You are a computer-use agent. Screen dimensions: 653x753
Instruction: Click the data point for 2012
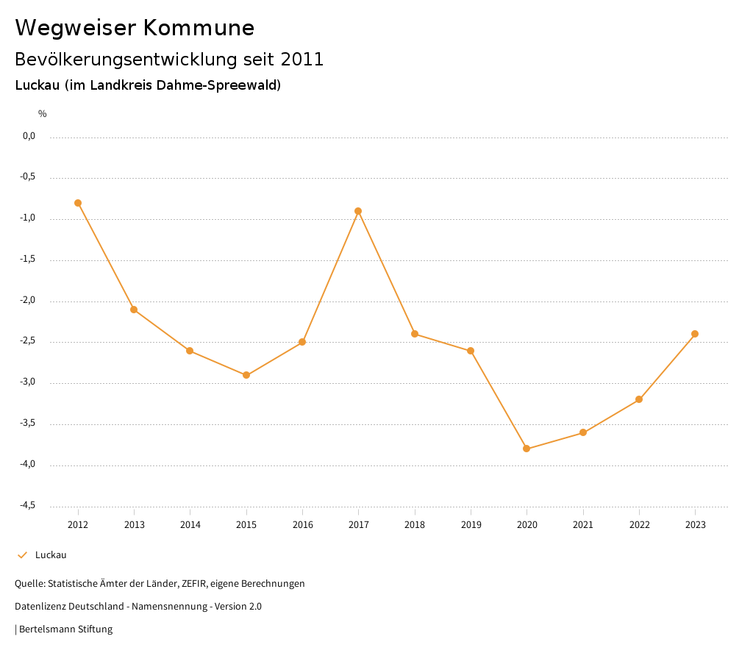pyautogui.click(x=78, y=203)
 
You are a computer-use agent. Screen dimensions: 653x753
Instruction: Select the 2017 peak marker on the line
pyautogui.click(x=358, y=211)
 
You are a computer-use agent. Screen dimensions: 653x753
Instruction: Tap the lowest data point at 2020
pyautogui.click(x=527, y=449)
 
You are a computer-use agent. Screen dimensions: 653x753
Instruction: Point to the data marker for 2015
pyautogui.click(x=246, y=375)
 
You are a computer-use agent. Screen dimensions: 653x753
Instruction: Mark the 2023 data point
pyautogui.click(x=695, y=334)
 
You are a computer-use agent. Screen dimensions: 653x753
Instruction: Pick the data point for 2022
pyautogui.click(x=639, y=399)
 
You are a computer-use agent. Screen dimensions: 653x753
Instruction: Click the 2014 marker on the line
pyautogui.click(x=190, y=351)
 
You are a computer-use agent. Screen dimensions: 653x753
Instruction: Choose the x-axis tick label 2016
pyautogui.click(x=302, y=525)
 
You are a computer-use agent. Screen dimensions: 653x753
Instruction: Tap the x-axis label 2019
pyautogui.click(x=471, y=525)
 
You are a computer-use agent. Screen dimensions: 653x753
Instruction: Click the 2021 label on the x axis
pyautogui.click(x=583, y=525)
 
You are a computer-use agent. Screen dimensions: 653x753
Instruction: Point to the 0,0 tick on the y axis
pyautogui.click(x=29, y=136)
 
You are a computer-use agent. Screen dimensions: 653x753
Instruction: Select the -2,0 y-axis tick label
pyautogui.click(x=27, y=301)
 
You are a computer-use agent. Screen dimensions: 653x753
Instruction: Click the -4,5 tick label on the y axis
pyautogui.click(x=27, y=505)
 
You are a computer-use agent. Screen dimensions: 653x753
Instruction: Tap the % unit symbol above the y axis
pyautogui.click(x=43, y=114)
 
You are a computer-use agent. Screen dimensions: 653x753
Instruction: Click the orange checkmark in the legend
pyautogui.click(x=22, y=555)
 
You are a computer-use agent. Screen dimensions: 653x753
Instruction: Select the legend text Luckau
pyautogui.click(x=51, y=555)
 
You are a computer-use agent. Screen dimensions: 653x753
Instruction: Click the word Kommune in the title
pyautogui.click(x=199, y=28)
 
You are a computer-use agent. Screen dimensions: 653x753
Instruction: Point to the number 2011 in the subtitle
pyautogui.click(x=303, y=60)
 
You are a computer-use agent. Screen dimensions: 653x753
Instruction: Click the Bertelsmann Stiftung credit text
pyautogui.click(x=65, y=629)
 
